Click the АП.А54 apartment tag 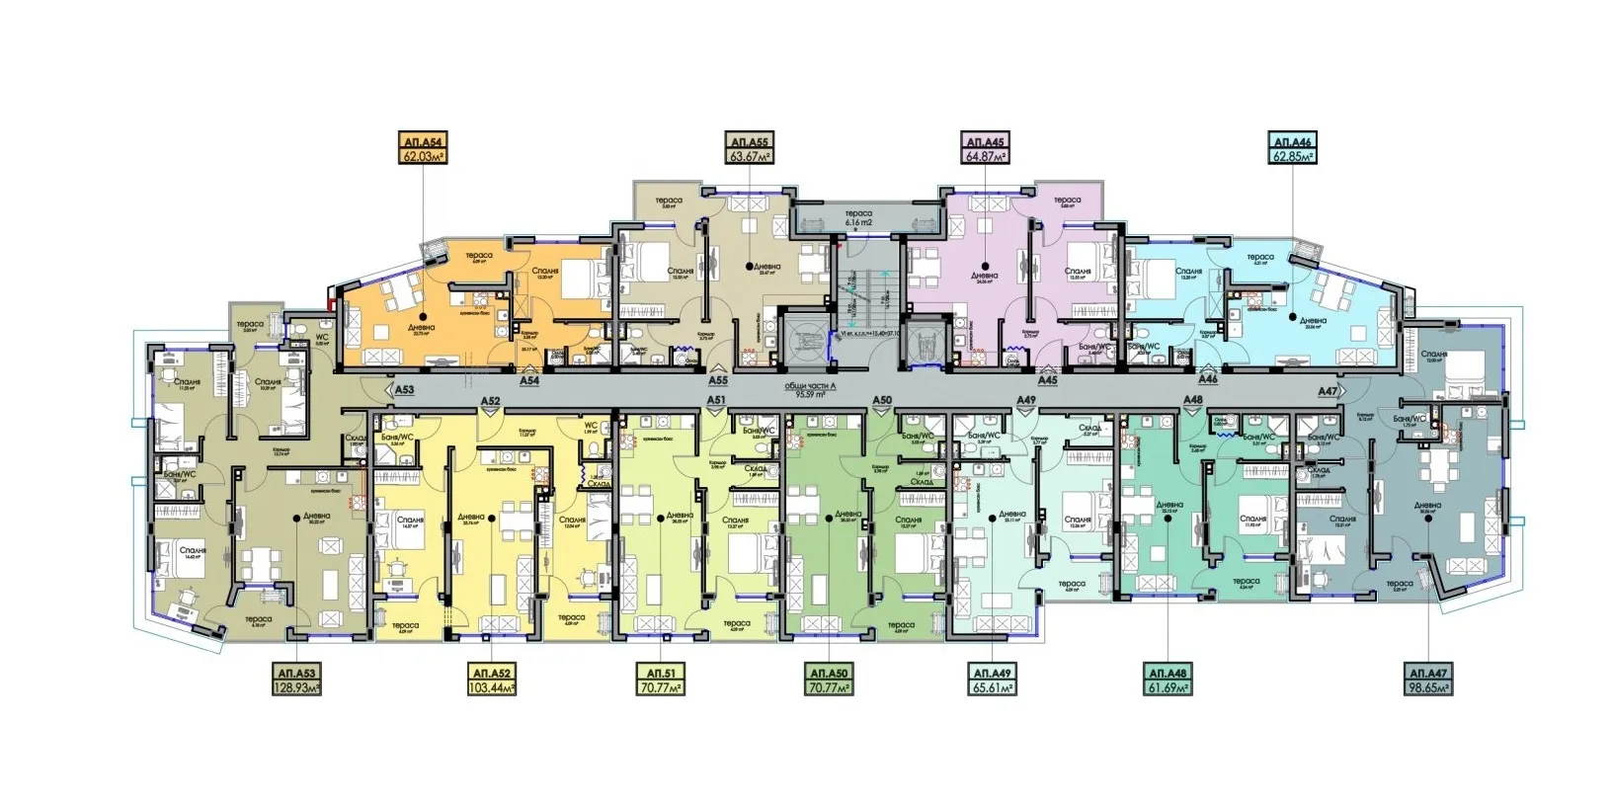[x=423, y=142]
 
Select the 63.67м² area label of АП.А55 [x=750, y=156]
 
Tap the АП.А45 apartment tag [x=985, y=142]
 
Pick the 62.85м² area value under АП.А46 [x=1293, y=156]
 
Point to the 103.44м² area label [x=491, y=687]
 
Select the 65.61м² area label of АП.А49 [x=992, y=687]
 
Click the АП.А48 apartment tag [x=1168, y=674]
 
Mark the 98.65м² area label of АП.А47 [x=1429, y=687]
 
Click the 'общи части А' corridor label [x=810, y=386]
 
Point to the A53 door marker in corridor [x=404, y=390]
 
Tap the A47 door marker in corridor [x=1329, y=391]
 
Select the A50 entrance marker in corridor [x=882, y=400]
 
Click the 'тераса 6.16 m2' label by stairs [x=858, y=218]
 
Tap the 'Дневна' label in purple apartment [x=984, y=276]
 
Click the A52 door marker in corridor [x=490, y=400]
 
